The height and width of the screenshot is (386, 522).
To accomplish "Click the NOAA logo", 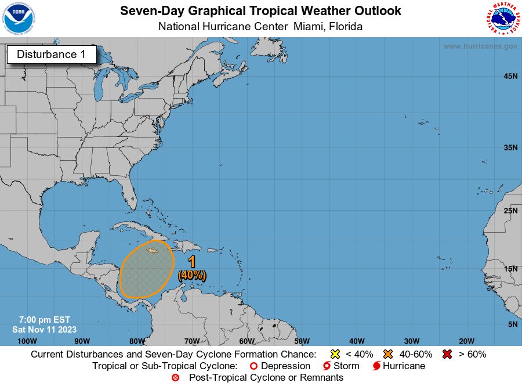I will click(18, 18).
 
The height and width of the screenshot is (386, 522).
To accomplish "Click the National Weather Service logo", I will click(502, 18).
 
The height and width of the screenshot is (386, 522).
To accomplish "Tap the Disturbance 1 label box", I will click(51, 55).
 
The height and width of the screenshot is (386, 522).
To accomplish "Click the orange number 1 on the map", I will click(192, 262).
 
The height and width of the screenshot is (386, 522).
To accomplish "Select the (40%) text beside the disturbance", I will click(192, 275).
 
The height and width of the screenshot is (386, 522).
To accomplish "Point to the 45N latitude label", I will click(510, 76).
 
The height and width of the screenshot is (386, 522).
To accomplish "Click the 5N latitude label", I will click(512, 324).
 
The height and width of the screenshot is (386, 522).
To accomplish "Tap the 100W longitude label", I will click(27, 341).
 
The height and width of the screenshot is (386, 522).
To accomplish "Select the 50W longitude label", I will click(302, 341).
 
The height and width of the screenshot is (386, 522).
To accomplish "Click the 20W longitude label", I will click(466, 341).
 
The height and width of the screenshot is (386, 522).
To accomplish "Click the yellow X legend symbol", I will click(334, 354).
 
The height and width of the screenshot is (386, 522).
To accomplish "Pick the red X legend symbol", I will click(447, 354).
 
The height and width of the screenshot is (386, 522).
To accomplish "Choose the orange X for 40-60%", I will click(388, 354).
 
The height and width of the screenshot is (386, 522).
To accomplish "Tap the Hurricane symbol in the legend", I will click(377, 366).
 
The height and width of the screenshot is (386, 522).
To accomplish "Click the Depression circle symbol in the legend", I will click(253, 366).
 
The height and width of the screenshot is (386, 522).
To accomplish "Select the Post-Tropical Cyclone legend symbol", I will click(176, 378).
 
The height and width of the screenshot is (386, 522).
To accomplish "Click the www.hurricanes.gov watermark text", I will click(480, 46).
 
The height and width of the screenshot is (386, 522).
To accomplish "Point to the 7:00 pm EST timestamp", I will click(44, 319).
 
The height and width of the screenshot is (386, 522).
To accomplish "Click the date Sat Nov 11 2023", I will click(44, 329).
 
